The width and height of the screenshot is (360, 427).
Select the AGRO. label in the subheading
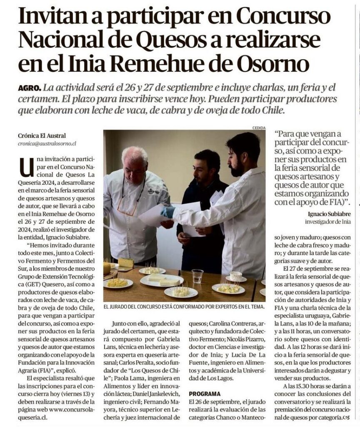(30, 88)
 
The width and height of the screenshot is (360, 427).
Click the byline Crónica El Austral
(41, 135)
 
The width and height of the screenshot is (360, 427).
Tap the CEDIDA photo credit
(258, 128)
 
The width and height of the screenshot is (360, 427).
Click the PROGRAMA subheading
(205, 393)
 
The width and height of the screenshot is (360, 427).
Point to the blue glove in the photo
(167, 212)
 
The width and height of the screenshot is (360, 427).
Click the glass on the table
(197, 276)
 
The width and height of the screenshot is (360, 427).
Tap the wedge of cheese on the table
(126, 263)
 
